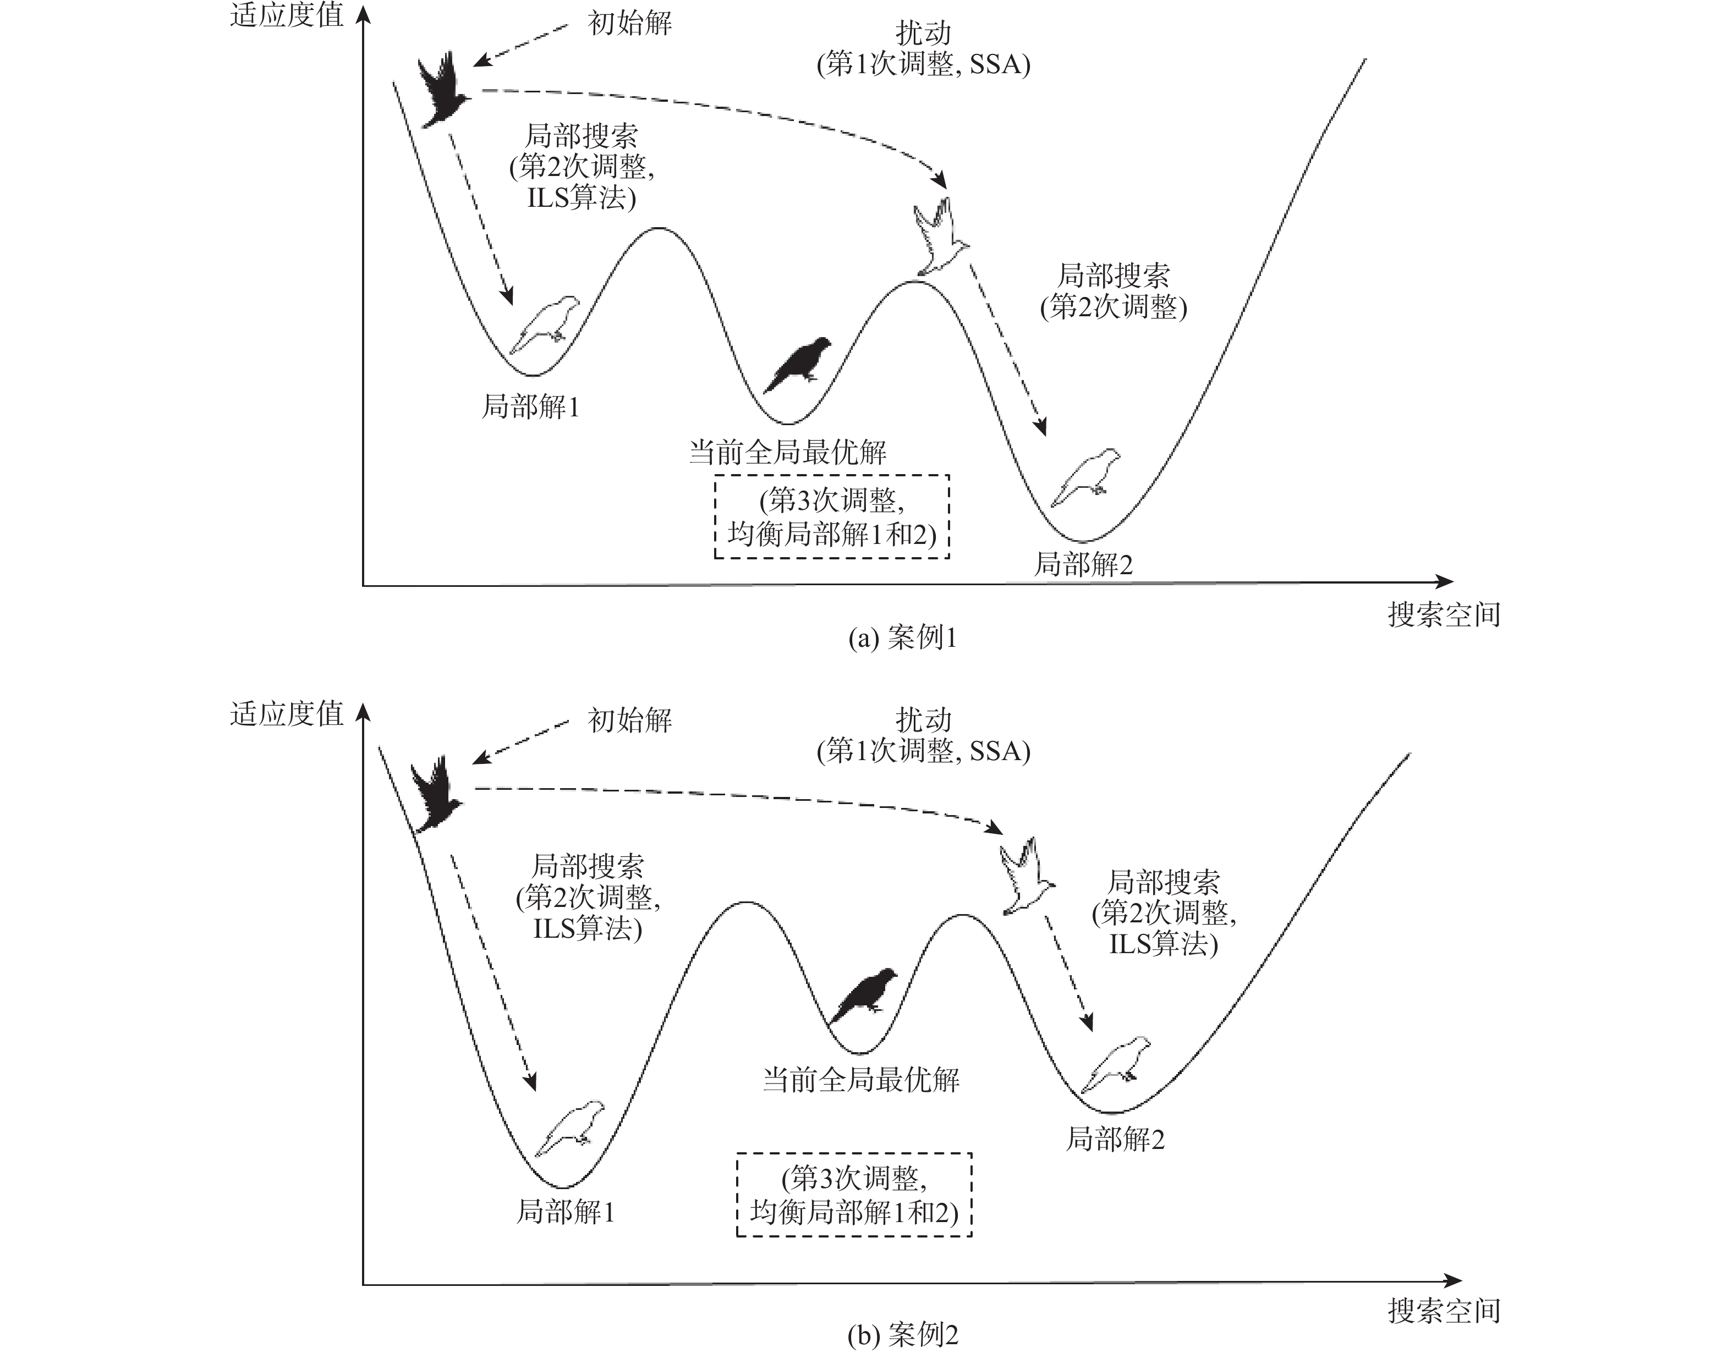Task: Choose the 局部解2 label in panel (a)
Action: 1083,565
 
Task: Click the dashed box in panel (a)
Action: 832,517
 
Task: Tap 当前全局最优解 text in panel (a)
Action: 787,453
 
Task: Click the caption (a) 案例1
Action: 902,637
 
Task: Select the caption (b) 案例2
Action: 902,1335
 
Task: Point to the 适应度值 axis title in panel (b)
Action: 287,714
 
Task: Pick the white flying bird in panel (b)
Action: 1027,876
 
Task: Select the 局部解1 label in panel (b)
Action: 565,1212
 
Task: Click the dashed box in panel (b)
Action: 854,1195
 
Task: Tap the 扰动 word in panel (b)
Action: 923,720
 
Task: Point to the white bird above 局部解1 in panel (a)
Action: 545,323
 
